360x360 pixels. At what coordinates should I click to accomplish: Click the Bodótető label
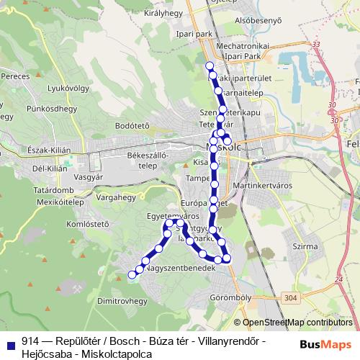click(132, 125)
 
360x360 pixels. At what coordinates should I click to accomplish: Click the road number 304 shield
click(290, 297)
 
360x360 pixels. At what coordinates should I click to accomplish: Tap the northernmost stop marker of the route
click(210, 66)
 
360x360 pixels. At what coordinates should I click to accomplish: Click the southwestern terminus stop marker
click(131, 274)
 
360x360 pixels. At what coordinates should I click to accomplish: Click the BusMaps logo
click(325, 344)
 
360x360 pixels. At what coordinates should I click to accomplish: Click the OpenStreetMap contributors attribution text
click(297, 323)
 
